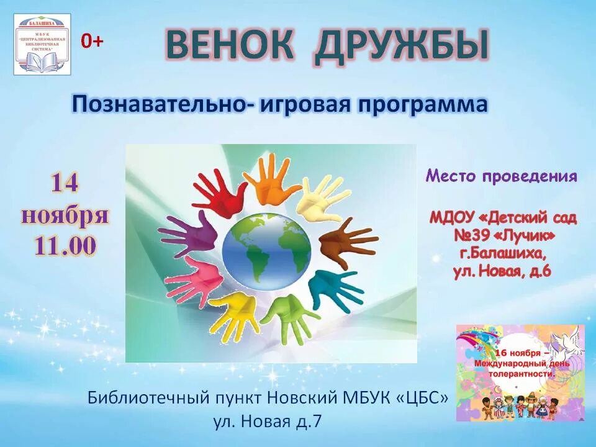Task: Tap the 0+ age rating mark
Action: pyautogui.click(x=93, y=41)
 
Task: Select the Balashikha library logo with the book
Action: pyautogui.click(x=42, y=45)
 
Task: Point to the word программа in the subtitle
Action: pyautogui.click(x=422, y=105)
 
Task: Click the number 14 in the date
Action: pyautogui.click(x=65, y=183)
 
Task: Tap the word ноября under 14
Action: pyautogui.click(x=65, y=215)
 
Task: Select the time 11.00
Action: pyautogui.click(x=65, y=246)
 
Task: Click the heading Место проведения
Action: pyautogui.click(x=501, y=176)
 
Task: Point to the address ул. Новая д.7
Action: pyautogui.click(x=268, y=422)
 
